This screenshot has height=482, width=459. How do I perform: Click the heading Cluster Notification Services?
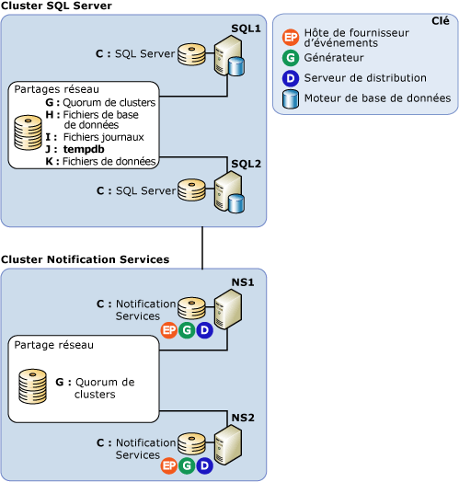coord(85,259)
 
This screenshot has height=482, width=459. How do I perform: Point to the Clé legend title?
coord(440,21)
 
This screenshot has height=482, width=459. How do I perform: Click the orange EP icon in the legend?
coord(292,38)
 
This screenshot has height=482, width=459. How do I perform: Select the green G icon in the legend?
coord(292,59)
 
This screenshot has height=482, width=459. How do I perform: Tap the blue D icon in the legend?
coord(292,78)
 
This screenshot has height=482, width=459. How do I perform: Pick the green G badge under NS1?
coord(187,330)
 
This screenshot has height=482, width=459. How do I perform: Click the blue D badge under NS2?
coord(204,466)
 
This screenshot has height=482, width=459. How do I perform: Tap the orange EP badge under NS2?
coord(168,466)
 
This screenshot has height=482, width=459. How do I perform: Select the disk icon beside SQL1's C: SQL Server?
coord(191,54)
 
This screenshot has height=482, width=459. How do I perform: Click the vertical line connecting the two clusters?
coord(201,247)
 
